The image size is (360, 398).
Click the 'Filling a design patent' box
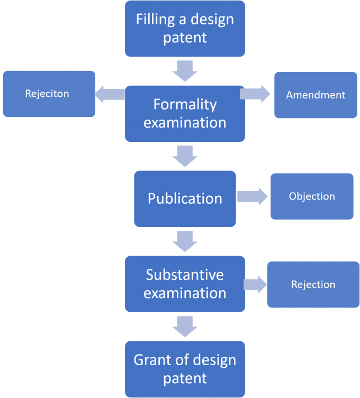tap(185, 29)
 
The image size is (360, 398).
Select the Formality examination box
tap(185, 113)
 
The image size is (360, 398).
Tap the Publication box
tap(185, 198)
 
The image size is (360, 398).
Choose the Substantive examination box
tap(185, 284)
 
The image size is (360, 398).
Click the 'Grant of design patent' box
tap(185, 369)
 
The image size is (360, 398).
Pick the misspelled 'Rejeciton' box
tap(49, 94)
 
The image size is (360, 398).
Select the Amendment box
tap(316, 95)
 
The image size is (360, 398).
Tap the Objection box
tap(312, 196)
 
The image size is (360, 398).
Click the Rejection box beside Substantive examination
tap(313, 284)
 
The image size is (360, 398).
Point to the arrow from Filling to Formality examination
tap(185, 70)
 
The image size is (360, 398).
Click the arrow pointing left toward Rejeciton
tap(110, 94)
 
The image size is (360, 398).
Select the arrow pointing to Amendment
tap(255, 94)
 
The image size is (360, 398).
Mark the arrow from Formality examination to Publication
tap(185, 156)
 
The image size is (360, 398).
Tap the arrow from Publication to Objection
tap(253, 196)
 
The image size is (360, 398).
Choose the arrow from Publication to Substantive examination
tap(185, 241)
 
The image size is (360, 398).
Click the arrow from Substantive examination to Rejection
tap(255, 284)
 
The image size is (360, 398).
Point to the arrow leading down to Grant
tap(185, 326)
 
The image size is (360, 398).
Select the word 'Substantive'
tap(185, 275)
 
